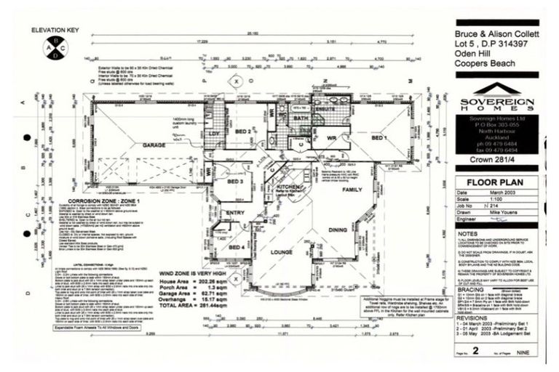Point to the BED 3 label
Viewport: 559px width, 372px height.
coord(235,182)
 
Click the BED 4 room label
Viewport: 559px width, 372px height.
coord(236,247)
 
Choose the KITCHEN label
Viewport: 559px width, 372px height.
coord(289,187)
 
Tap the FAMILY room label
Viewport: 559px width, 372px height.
coord(352,190)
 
